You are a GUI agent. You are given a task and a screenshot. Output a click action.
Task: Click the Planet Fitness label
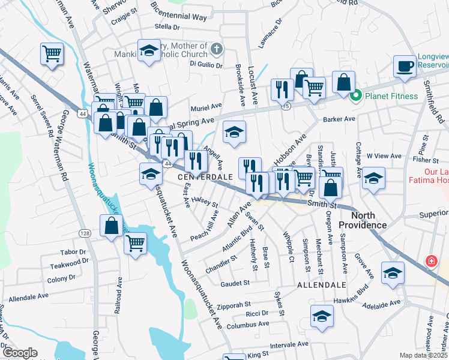click(x=391, y=96)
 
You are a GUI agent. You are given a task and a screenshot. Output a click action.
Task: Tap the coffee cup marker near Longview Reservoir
click(x=405, y=67)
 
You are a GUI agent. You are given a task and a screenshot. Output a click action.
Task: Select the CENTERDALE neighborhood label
click(x=205, y=178)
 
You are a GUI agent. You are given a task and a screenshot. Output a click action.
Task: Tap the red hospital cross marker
click(x=430, y=262)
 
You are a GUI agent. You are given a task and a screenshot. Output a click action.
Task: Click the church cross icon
click(x=217, y=49)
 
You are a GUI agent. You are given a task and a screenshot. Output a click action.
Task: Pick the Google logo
click(x=20, y=353)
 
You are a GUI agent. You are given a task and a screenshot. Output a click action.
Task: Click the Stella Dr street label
click(x=167, y=27)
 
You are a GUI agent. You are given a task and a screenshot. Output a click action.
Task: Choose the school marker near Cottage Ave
click(x=373, y=178)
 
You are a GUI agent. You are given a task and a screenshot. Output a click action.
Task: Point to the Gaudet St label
click(x=235, y=283)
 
